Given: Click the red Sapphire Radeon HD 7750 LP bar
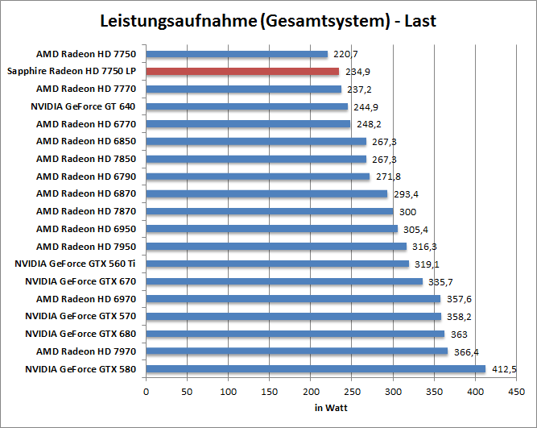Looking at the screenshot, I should coord(242,72).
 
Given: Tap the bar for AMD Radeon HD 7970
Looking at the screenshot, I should coord(296,351).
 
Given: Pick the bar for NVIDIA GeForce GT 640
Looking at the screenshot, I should coord(246,106).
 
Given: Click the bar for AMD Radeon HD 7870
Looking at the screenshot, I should coord(269,211).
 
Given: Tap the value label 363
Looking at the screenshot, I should coord(456,334).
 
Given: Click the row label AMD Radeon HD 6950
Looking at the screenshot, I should coord(86,229).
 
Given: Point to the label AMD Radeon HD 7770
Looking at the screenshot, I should coord(86,89).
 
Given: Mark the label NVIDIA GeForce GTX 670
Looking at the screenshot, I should coord(81,281).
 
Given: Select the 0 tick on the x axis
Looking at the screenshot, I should coord(146,393).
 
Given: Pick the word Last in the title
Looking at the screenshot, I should coord(420,21).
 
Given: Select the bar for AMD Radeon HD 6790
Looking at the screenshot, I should coord(258,177).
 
